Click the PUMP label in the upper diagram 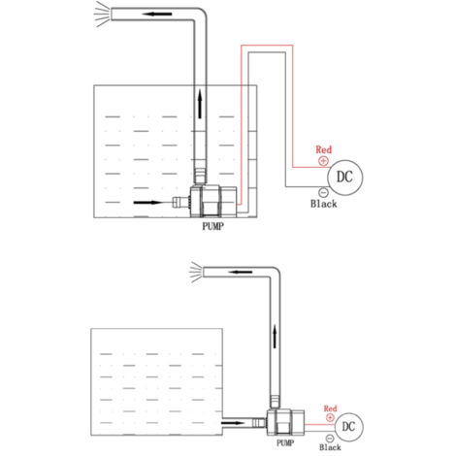pos(212,226)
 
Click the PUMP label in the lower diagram pos(285,442)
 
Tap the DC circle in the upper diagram pos(345,178)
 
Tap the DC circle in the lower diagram pos(348,427)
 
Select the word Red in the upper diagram pos(324,149)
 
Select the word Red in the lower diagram pos(330,408)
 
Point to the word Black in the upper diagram pos(324,204)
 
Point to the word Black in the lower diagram pos(330,447)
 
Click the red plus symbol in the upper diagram pos(323,161)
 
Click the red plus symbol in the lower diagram pos(330,418)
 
